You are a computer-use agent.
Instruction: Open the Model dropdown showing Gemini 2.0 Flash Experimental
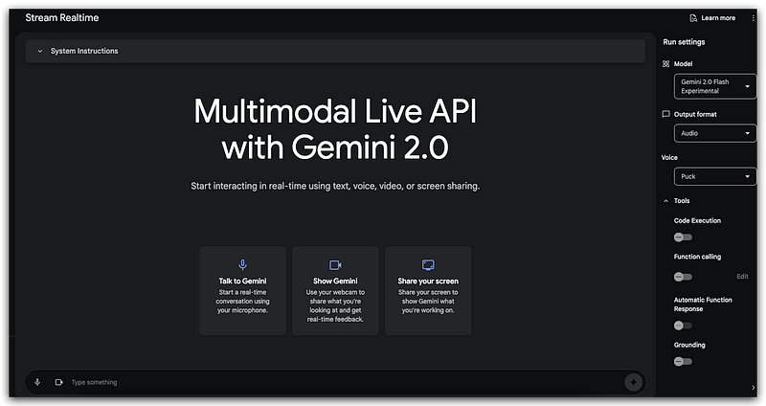[714, 87]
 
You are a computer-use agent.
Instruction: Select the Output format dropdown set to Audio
[714, 133]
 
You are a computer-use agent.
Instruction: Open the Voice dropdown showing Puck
[714, 177]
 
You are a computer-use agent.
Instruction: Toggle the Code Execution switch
[683, 237]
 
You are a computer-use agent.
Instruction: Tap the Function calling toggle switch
[683, 276]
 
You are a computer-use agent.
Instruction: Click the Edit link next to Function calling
[742, 276]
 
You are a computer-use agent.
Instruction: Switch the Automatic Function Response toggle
[683, 326]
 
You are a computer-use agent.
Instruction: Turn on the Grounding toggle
[683, 361]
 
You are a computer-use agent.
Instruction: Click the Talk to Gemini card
[242, 290]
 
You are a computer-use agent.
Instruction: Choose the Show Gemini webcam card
[335, 290]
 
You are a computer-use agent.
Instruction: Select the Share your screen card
[428, 290]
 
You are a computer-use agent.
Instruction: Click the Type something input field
[335, 382]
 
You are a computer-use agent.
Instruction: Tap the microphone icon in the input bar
[37, 382]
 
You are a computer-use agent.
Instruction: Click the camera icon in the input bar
[58, 382]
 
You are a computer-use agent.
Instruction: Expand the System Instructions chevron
[39, 51]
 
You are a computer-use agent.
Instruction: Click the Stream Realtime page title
[62, 17]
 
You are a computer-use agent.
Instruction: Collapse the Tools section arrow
[665, 201]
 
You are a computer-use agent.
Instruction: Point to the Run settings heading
[684, 43]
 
